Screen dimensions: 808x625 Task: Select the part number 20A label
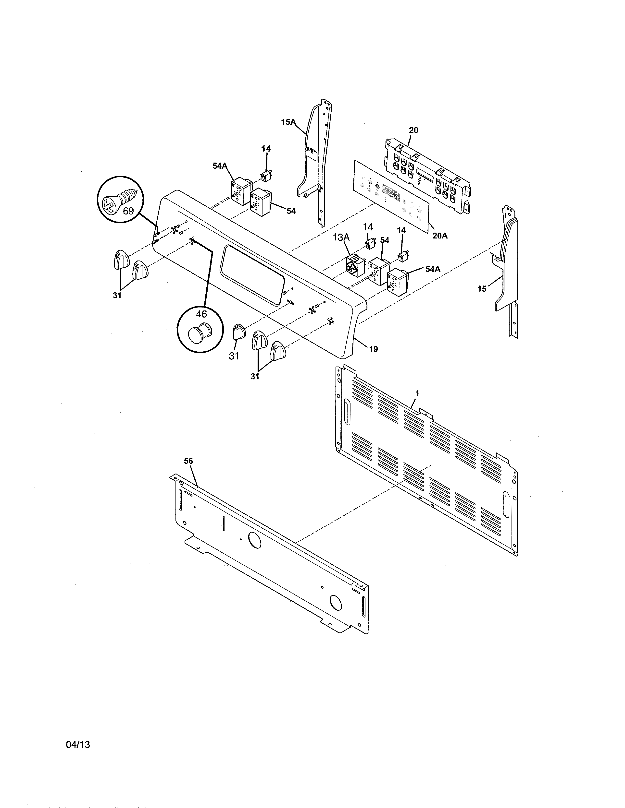coord(440,235)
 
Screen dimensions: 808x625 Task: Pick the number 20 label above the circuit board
coord(413,130)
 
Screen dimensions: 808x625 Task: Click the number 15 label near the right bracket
coord(482,289)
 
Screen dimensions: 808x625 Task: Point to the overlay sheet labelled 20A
coord(392,194)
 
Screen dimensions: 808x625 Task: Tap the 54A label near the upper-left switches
coord(220,166)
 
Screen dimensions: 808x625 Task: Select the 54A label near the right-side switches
coord(432,269)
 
